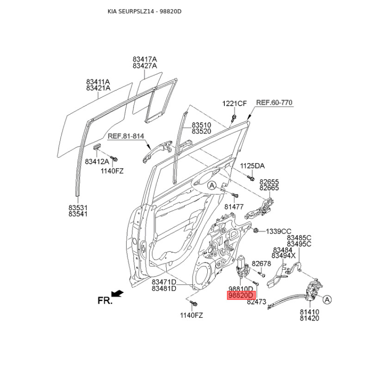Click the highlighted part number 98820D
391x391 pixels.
pyautogui.click(x=241, y=295)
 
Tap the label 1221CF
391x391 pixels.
pyautogui.click(x=235, y=103)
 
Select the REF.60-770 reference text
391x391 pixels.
pyautogui.click(x=274, y=103)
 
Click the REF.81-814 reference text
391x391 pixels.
pyautogui.click(x=126, y=136)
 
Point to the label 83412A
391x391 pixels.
pyautogui.click(x=97, y=162)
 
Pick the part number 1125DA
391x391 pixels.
pyautogui.click(x=252, y=166)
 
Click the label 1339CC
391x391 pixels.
pyautogui.click(x=279, y=231)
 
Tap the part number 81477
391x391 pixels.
pyautogui.click(x=234, y=207)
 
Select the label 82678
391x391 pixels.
pyautogui.click(x=261, y=263)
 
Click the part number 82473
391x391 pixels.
pyautogui.click(x=257, y=302)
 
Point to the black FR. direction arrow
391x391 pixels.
pyautogui.click(x=117, y=294)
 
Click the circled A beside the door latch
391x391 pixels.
pyautogui.click(x=327, y=300)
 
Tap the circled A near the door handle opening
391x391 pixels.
pyautogui.click(x=212, y=186)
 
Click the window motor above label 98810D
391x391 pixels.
pyautogui.click(x=241, y=266)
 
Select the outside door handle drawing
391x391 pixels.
pyautogui.click(x=157, y=151)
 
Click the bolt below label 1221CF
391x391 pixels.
pyautogui.click(x=234, y=118)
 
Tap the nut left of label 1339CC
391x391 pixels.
pyautogui.click(x=256, y=230)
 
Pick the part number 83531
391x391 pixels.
pyautogui.click(x=78, y=207)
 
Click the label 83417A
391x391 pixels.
pyautogui.click(x=145, y=59)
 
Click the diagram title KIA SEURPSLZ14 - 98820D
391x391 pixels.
pyautogui.click(x=144, y=11)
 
